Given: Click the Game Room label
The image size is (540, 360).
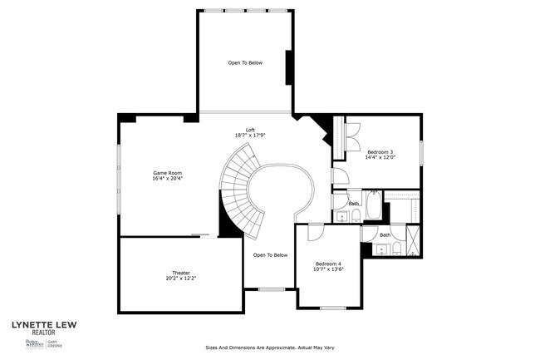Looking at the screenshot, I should click(x=167, y=172).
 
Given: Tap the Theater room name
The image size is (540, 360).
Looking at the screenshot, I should click(x=181, y=273).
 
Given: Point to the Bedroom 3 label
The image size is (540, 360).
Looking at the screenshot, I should click(x=380, y=151).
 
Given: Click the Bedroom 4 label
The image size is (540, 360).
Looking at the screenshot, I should click(x=328, y=264).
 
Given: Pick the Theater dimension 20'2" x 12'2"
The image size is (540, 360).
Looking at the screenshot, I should click(x=181, y=279).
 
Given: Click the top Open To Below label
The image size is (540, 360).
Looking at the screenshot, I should click(x=245, y=62).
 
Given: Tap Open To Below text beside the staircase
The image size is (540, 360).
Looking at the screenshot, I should click(x=270, y=255).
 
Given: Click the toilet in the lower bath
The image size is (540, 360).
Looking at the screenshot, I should click(x=396, y=249).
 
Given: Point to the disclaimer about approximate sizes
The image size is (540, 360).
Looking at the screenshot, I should click(x=268, y=348).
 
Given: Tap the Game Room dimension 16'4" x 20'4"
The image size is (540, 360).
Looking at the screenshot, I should click(x=167, y=179).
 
